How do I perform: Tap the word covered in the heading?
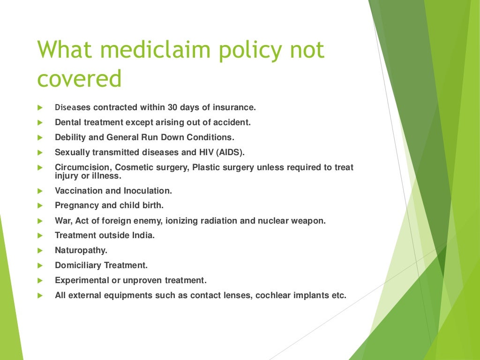(x=79, y=79)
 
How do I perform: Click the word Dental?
(x=67, y=122)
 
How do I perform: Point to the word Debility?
(x=70, y=137)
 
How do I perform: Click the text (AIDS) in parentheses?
(x=230, y=152)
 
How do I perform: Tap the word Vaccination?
(x=76, y=191)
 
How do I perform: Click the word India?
(x=144, y=235)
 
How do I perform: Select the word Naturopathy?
(x=81, y=250)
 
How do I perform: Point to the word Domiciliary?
(x=78, y=265)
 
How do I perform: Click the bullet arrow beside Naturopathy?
(x=40, y=251)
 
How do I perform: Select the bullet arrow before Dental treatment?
(x=40, y=123)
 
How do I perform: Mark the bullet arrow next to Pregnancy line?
(x=40, y=206)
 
